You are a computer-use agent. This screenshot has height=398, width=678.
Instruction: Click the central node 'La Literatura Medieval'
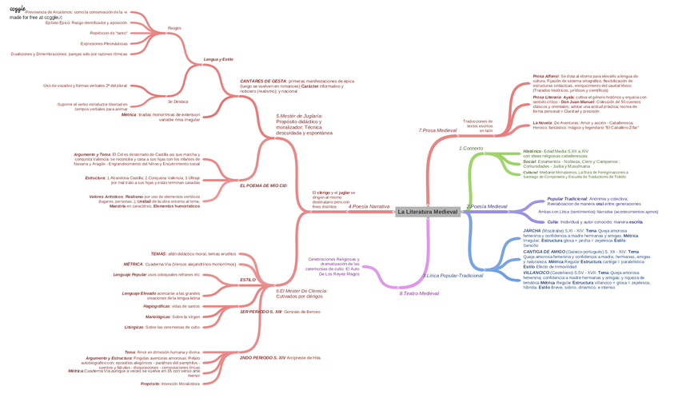tap(428, 212)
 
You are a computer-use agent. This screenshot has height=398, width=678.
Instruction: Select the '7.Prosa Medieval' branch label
tap(437, 130)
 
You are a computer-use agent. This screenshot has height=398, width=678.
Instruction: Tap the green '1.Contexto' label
tap(471, 148)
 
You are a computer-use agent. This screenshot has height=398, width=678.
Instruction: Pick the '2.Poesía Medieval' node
tap(487, 206)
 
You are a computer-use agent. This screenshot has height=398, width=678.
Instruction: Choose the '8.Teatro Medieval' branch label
tap(419, 293)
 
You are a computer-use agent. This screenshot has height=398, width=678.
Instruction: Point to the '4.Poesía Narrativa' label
tap(369, 206)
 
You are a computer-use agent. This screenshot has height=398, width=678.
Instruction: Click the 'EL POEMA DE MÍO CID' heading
tap(263, 185)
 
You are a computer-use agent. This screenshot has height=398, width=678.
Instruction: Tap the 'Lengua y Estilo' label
tap(218, 59)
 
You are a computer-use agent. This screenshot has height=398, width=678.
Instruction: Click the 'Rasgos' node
tap(173, 28)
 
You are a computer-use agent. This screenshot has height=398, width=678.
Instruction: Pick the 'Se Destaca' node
tap(177, 101)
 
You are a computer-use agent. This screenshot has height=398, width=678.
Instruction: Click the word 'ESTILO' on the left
tap(248, 280)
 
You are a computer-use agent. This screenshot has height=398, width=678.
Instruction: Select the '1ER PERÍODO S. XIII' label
tap(261, 312)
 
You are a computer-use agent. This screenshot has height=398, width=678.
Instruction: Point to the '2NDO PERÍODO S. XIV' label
tap(262, 357)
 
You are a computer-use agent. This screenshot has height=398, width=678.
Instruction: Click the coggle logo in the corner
tap(18, 9)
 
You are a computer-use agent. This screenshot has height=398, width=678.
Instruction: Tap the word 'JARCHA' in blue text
tap(532, 230)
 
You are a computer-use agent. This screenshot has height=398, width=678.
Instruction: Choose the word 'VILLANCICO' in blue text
tap(536, 273)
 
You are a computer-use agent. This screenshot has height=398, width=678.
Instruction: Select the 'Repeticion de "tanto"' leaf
tap(109, 33)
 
